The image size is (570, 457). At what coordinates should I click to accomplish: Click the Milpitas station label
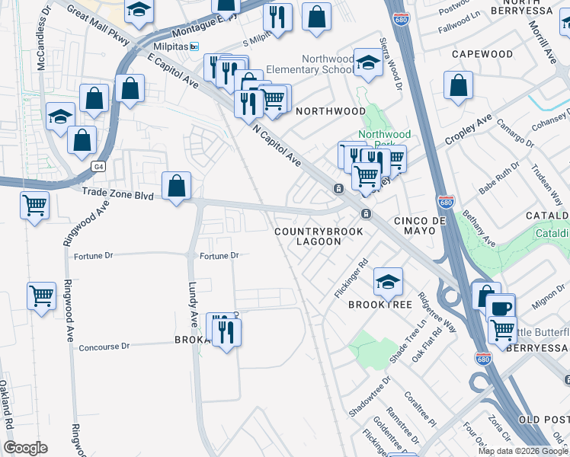click(x=172, y=46)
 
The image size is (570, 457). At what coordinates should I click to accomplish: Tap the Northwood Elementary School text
click(x=328, y=65)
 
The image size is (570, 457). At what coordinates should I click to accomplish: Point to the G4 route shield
click(x=98, y=165)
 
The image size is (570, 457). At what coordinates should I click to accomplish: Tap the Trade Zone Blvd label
click(x=118, y=196)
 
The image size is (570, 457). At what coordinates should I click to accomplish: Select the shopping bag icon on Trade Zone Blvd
click(x=176, y=185)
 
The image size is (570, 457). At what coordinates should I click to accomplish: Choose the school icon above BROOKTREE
click(x=388, y=283)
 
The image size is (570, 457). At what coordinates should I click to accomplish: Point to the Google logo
click(x=26, y=448)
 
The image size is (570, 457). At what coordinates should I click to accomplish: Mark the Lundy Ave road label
click(x=193, y=305)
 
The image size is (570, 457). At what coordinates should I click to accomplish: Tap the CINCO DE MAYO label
click(x=418, y=220)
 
